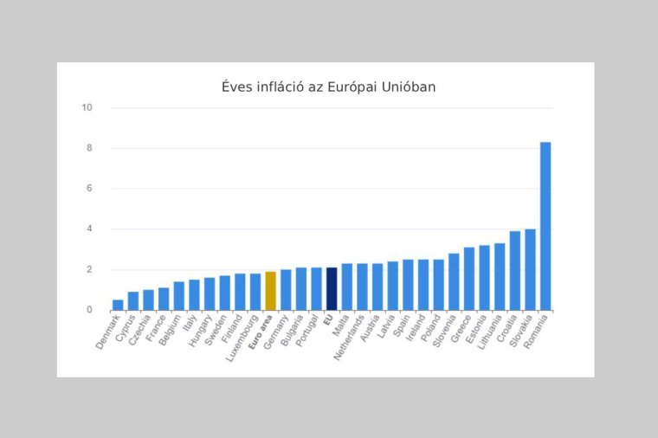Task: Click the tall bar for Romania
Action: tap(545, 226)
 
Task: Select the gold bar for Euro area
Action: tap(270, 291)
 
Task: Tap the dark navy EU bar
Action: tap(332, 289)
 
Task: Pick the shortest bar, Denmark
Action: tap(118, 305)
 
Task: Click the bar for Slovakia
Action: tap(530, 269)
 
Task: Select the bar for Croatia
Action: tap(515, 270)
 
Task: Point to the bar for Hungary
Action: tap(210, 293)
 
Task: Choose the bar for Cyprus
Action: tap(133, 300)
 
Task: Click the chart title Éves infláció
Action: tap(328, 87)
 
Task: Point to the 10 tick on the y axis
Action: tap(87, 108)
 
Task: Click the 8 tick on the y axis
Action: tap(89, 148)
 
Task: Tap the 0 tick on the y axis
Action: tap(89, 310)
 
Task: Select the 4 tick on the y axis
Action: tap(89, 229)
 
